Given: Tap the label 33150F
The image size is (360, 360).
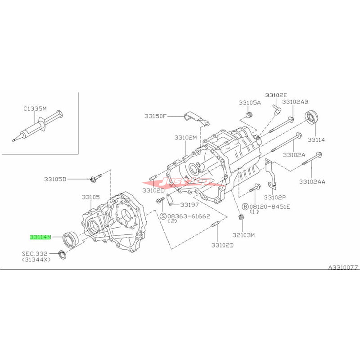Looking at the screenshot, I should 156,116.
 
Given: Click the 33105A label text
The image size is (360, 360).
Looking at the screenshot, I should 250,103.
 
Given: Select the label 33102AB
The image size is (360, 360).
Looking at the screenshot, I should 296,102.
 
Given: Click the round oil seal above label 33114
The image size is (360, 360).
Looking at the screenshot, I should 312,117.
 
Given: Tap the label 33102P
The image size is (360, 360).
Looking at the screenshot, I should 275,197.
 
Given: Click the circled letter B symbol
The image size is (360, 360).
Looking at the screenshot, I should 245,207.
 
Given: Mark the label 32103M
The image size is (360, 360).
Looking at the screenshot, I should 243,235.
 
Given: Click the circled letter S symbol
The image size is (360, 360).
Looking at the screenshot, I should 164,216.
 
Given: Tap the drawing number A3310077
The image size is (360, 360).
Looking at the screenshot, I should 342,267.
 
